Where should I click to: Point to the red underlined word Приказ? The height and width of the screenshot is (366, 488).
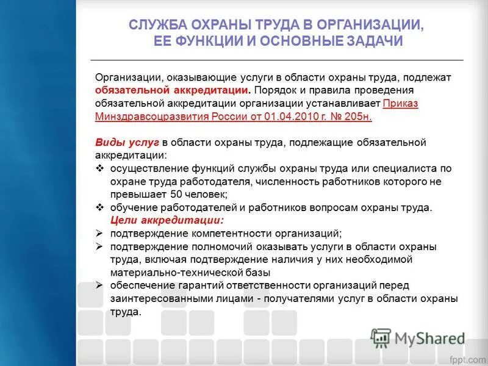click(x=401, y=103)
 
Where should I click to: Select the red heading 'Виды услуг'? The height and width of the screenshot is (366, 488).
click(x=127, y=142)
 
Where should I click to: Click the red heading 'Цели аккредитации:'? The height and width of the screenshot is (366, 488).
click(x=167, y=220)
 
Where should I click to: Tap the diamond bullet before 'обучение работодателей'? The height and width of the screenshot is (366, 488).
click(x=101, y=207)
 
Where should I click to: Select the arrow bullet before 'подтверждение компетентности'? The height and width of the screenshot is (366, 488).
click(x=101, y=234)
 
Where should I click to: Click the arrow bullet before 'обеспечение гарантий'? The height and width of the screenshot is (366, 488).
click(x=101, y=285)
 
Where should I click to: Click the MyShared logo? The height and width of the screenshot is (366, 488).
click(x=418, y=337)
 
